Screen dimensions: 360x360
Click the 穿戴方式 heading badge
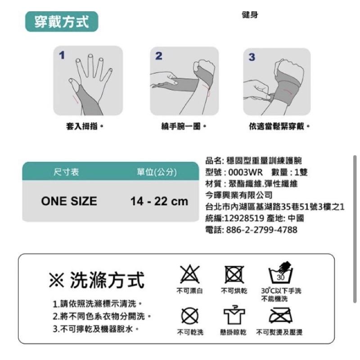click(x=62, y=22)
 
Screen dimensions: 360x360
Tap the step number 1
click(x=62, y=55)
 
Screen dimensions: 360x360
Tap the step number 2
click(x=159, y=56)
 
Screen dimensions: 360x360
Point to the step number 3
click(x=252, y=57)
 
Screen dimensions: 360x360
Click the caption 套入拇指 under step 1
click(x=85, y=126)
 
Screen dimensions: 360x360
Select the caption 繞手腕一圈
click(x=184, y=126)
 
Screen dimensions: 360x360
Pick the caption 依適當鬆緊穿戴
click(x=279, y=126)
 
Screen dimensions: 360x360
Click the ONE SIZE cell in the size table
click(x=69, y=201)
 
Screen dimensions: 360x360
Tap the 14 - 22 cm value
click(x=159, y=201)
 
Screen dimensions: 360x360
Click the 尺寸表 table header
click(x=66, y=172)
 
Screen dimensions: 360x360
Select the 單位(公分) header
click(x=157, y=172)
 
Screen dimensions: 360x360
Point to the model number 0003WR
click(x=245, y=172)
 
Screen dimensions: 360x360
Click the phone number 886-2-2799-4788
click(x=262, y=229)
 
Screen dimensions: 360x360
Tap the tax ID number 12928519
click(x=244, y=218)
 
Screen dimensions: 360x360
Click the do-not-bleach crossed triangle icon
click(x=189, y=274)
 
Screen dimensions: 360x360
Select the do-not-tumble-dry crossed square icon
click(x=234, y=274)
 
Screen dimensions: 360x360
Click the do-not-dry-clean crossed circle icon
click(x=190, y=316)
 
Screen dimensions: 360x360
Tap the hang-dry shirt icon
click(x=234, y=315)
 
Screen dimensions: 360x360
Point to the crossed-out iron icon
click(x=280, y=315)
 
